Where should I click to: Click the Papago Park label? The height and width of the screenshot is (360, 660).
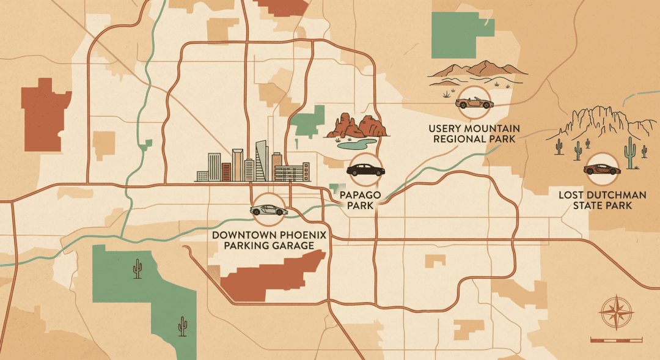coord(364,200)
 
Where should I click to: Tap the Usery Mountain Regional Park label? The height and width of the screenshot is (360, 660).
coord(474,133)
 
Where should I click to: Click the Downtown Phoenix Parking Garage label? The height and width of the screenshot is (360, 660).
coord(269,240)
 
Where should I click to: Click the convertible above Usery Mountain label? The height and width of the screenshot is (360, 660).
coord(473,103)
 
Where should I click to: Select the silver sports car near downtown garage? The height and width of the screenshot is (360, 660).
coord(268,210)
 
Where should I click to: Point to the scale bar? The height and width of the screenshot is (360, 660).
coord(616,339)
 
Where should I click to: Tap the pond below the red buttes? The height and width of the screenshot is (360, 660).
coord(358,145)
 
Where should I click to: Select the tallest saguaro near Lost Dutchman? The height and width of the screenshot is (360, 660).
coord(630,153)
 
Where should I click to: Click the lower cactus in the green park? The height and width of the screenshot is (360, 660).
coord(182,327)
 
